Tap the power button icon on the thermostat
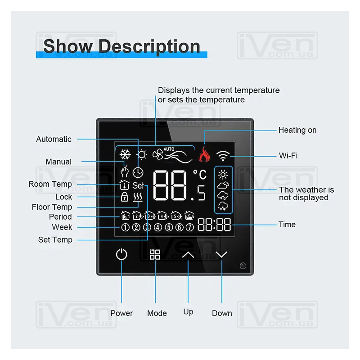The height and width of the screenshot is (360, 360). tap(121, 254)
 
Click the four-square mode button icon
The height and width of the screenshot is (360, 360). tap(155, 254)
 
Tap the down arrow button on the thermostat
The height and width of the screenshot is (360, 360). tap(221, 254)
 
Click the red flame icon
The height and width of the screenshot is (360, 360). tap(204, 154)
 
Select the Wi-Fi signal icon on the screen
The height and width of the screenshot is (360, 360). tap(223, 156)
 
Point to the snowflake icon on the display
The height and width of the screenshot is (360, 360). tap(125, 154)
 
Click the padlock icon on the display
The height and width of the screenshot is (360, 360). tap(125, 197)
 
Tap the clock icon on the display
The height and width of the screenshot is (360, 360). tap(138, 173)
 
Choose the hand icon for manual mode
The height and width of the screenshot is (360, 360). tap(125, 171)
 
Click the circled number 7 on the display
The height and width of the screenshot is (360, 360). tap(189, 227)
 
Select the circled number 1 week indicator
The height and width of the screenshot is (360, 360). tap(125, 227)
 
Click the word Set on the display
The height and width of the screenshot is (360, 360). tap(138, 185)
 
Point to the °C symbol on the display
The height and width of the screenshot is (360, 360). tap(200, 175)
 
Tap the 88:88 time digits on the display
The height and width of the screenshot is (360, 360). tap(214, 224)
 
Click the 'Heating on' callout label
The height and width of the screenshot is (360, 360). tap(297, 130)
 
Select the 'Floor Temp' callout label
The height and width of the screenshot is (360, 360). tap(52, 207)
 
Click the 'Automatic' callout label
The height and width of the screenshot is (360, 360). tap(54, 139)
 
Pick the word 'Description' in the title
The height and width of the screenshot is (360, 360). tap(149, 47)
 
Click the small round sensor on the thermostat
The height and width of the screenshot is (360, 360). tap(243, 265)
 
